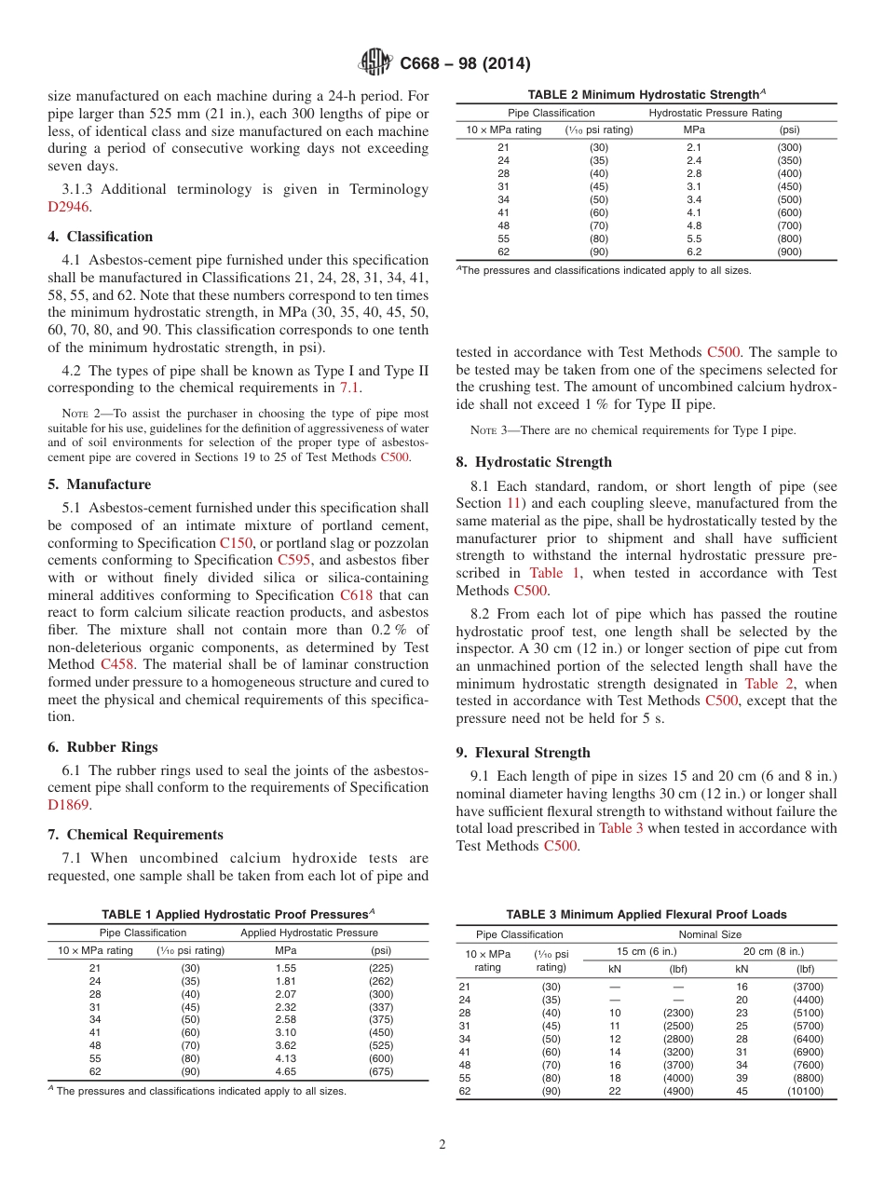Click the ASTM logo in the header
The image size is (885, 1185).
click(x=377, y=63)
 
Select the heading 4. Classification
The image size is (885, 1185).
click(x=101, y=237)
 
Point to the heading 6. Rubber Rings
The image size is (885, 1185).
click(x=102, y=747)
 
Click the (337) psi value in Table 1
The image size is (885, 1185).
click(x=381, y=1007)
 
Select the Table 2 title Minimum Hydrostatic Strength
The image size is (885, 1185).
click(x=645, y=94)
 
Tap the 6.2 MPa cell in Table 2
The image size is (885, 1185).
click(x=694, y=252)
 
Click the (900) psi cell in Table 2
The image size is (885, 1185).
click(x=789, y=252)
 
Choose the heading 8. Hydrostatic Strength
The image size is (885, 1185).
click(x=534, y=462)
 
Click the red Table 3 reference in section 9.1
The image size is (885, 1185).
click(x=620, y=827)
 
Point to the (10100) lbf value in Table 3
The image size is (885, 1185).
click(x=805, y=1091)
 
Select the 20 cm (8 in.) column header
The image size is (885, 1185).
click(x=773, y=951)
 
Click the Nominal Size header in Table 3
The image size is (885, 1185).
click(x=710, y=934)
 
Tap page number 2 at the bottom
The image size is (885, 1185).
click(x=442, y=1145)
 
